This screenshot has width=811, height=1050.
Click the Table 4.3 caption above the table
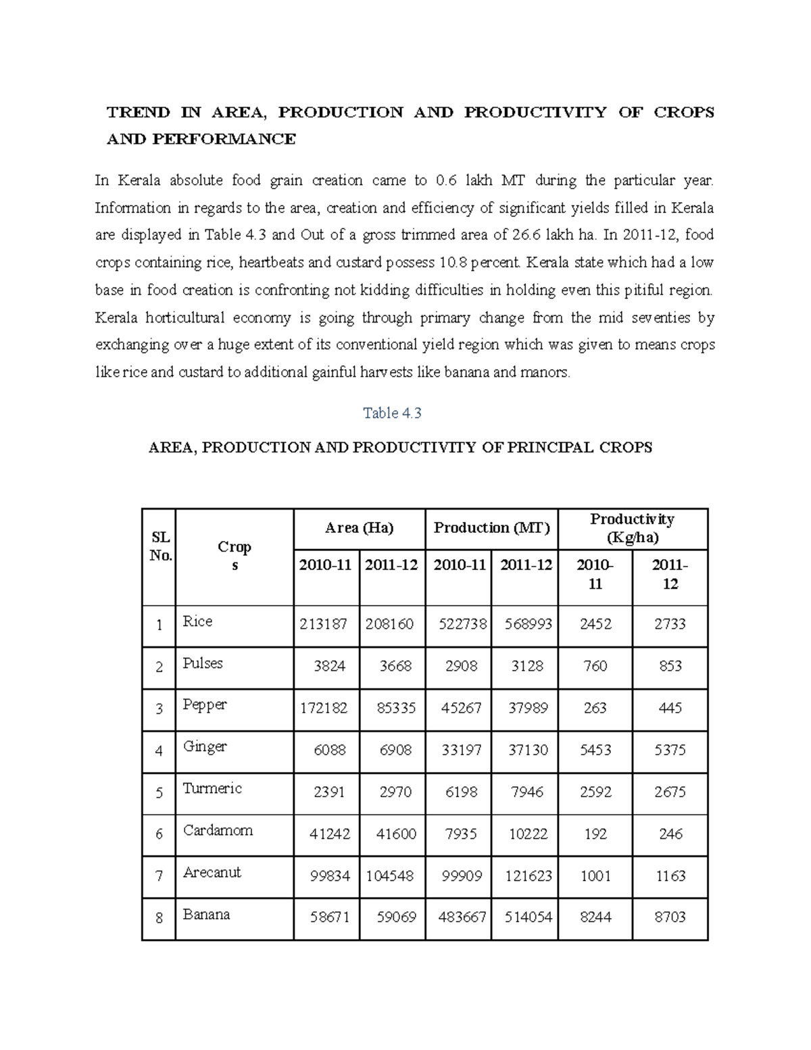coord(392,413)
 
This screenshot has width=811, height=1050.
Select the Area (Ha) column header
coord(359,528)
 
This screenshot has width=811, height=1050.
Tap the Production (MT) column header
coord(491,528)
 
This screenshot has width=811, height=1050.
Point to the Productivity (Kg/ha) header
coord(632,528)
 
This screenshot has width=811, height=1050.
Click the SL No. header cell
coord(159,546)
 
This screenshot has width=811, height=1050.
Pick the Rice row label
coord(197,621)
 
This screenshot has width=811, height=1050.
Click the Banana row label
coord(206,915)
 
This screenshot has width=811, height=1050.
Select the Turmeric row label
coord(212,788)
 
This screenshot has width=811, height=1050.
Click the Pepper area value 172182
coord(324,708)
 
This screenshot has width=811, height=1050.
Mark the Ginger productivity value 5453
coord(595,750)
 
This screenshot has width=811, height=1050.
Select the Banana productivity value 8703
coord(670,917)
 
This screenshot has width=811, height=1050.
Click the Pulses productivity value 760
coord(595,666)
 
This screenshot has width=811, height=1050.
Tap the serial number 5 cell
coord(159,792)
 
